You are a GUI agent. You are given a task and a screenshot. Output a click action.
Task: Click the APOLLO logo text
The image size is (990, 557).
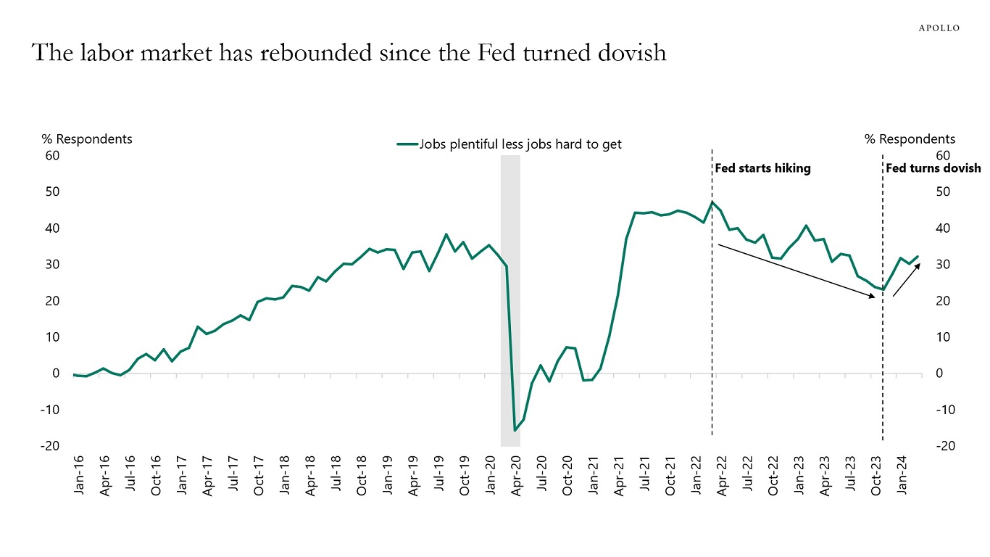pos(939,28)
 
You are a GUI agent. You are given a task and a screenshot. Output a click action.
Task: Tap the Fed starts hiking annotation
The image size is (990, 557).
pos(762,168)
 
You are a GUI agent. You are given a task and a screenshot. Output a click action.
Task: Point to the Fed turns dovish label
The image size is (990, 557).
pos(933,168)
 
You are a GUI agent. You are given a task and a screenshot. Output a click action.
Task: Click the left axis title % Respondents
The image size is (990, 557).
pos(87,139)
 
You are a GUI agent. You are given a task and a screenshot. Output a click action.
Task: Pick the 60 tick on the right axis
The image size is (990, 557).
pos(943,155)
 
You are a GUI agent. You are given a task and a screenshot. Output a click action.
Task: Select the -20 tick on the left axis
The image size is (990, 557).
pos(51,446)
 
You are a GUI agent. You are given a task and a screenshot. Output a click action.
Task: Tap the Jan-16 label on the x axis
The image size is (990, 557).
pos(79,475)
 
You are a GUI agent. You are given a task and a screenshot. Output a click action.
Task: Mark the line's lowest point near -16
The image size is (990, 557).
pos(515,431)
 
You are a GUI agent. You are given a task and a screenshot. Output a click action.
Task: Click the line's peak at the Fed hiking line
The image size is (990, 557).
pos(712,202)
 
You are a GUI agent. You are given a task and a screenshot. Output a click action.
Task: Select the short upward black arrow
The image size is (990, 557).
pos(907,280)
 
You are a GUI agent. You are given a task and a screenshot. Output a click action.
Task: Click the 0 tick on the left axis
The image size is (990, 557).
pos(55,374)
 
